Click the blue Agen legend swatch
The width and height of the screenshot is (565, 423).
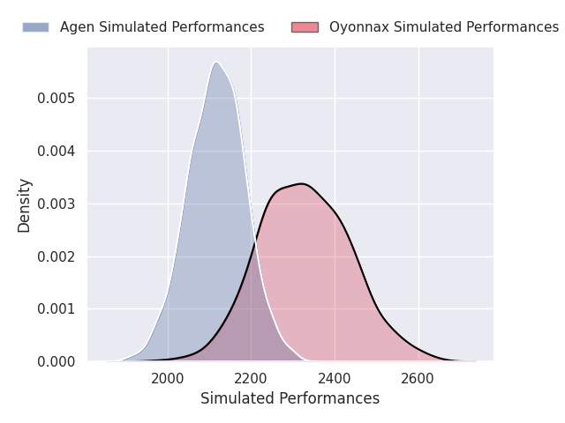pyautogui.click(x=35, y=27)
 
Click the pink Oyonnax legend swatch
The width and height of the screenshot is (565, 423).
pyautogui.click(x=305, y=27)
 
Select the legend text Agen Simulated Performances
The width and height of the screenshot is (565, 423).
pyautogui.click(x=162, y=27)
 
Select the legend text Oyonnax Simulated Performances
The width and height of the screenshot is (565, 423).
pyautogui.click(x=443, y=27)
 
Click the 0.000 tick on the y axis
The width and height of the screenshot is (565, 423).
pyautogui.click(x=56, y=362)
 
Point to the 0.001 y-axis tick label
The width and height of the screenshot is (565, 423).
pyautogui.click(x=56, y=309)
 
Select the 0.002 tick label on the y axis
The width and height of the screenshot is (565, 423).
pyautogui.click(x=56, y=256)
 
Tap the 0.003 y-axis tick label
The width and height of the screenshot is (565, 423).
pyautogui.click(x=56, y=204)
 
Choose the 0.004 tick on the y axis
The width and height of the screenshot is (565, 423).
pyautogui.click(x=56, y=151)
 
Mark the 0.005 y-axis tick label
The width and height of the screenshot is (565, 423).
pyautogui.click(x=56, y=98)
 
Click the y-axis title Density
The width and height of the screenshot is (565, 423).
pyautogui.click(x=24, y=204)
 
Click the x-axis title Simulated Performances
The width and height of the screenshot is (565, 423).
pyautogui.click(x=290, y=399)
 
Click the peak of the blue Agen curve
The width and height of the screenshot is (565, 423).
pyautogui.click(x=215, y=62)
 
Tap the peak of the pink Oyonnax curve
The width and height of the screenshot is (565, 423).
pyautogui.click(x=301, y=183)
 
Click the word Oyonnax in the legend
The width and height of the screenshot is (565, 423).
pyautogui.click(x=358, y=27)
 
